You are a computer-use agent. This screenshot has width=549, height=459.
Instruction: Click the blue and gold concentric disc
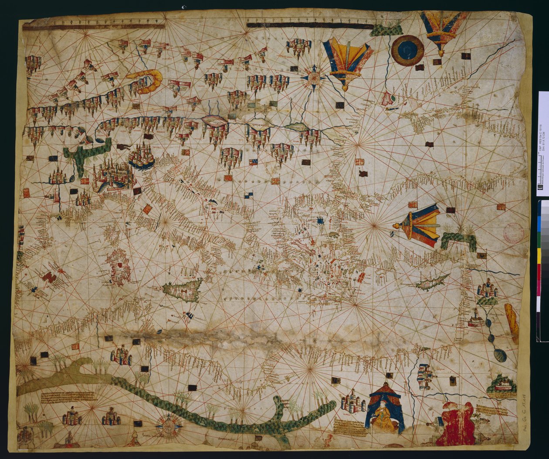[x=407, y=50]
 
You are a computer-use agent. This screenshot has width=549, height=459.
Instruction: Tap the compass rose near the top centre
[x=313, y=77]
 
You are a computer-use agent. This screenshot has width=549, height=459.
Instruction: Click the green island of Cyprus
[x=431, y=282]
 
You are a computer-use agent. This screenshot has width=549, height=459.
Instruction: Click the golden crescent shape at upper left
[x=147, y=81]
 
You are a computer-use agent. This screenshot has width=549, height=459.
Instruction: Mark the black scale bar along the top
[x=309, y=25]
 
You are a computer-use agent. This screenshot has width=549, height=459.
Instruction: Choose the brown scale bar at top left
[x=94, y=27]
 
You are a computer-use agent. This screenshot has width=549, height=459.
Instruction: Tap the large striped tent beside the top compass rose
[x=347, y=61]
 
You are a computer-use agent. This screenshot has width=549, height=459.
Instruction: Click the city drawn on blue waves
[x=141, y=157]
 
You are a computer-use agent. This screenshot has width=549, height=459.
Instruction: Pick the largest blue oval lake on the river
[x=501, y=355]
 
